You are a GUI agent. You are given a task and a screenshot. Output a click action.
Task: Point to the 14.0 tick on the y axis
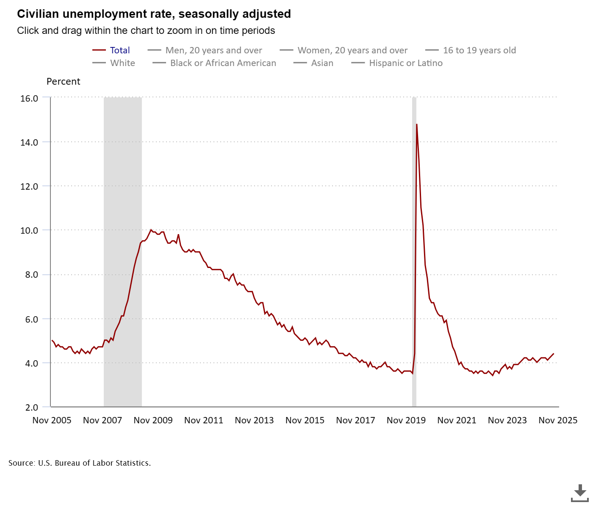tap(29, 142)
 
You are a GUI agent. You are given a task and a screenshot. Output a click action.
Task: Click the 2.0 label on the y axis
tap(32, 407)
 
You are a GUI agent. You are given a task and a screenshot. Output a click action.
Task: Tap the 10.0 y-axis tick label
tap(29, 230)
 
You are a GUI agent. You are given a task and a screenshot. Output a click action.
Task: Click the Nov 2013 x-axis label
tap(254, 420)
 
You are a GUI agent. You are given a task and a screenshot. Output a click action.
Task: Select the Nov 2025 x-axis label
tap(558, 420)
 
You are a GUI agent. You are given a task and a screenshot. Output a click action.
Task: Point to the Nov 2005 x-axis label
tap(52, 420)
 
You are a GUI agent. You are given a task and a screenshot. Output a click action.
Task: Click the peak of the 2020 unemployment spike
tap(417, 124)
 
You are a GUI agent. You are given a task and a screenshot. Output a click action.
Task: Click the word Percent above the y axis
tap(63, 82)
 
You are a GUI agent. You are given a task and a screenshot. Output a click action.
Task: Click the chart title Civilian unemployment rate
tap(154, 14)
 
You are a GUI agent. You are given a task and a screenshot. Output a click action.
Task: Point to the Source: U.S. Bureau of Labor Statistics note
tap(80, 463)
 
